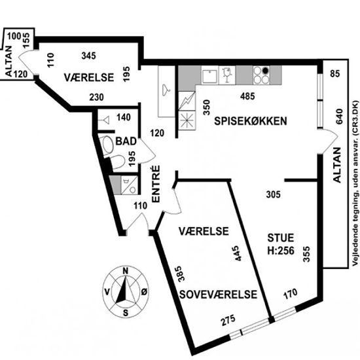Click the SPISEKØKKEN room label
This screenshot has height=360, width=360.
[x=251, y=121]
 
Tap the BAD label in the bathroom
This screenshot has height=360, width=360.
[x=126, y=141]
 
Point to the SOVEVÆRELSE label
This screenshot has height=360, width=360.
[x=218, y=295]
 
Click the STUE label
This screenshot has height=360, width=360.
[x=281, y=238]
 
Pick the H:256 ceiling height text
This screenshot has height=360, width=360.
[x=281, y=251]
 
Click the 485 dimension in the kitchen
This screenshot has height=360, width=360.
[x=247, y=96]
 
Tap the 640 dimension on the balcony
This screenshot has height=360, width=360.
[x=339, y=117]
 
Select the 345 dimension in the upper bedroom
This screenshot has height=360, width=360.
[x=88, y=56]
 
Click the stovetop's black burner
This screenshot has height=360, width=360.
[x=265, y=71]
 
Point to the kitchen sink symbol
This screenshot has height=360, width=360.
[x=209, y=77]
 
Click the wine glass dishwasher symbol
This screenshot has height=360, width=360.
[x=227, y=75]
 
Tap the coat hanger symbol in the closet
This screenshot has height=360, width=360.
[x=166, y=90]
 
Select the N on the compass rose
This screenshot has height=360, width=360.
[x=126, y=271]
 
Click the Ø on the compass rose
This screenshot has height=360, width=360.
[x=144, y=292]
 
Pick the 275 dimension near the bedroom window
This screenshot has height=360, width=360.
[x=228, y=320]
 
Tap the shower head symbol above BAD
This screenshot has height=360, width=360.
[x=104, y=120]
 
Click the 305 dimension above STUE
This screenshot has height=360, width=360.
[x=273, y=194]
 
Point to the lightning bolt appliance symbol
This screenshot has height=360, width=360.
[x=187, y=101]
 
